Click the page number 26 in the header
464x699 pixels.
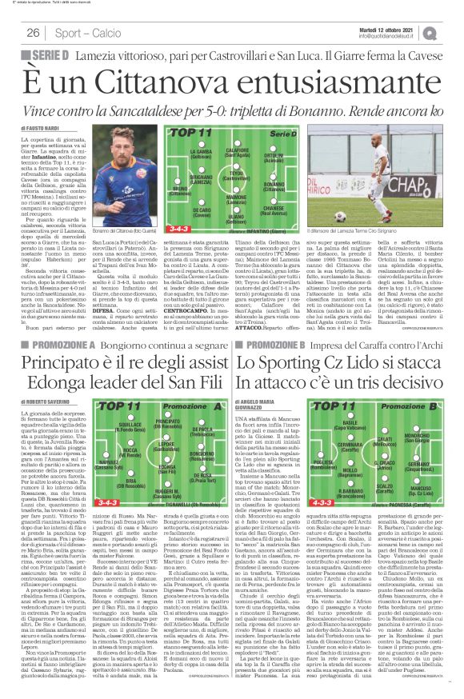click(x=33, y=33)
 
